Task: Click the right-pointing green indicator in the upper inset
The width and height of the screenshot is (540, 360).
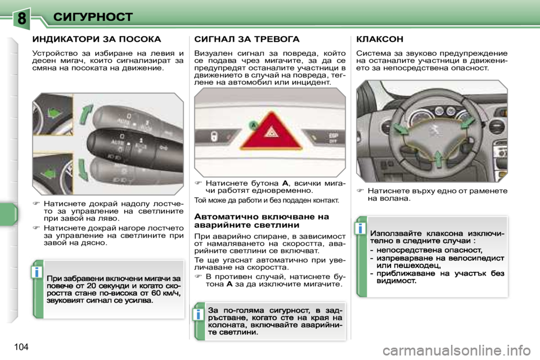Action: point(55,114)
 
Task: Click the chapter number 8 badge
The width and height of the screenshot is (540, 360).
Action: point(21,17)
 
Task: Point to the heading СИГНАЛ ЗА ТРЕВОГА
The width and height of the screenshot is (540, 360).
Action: point(247,39)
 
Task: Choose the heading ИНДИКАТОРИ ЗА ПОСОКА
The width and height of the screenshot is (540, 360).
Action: point(97,39)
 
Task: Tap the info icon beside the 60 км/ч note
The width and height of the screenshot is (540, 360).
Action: point(37,273)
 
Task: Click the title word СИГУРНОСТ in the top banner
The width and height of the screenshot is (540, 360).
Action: point(93,17)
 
